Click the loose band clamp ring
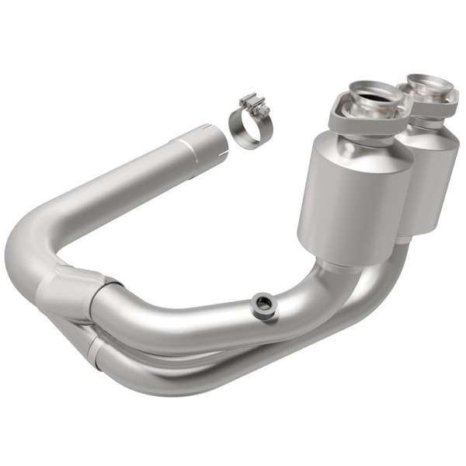tap(242, 132)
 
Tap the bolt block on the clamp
tap(253, 104)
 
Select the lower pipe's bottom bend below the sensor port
tap(256, 365)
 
